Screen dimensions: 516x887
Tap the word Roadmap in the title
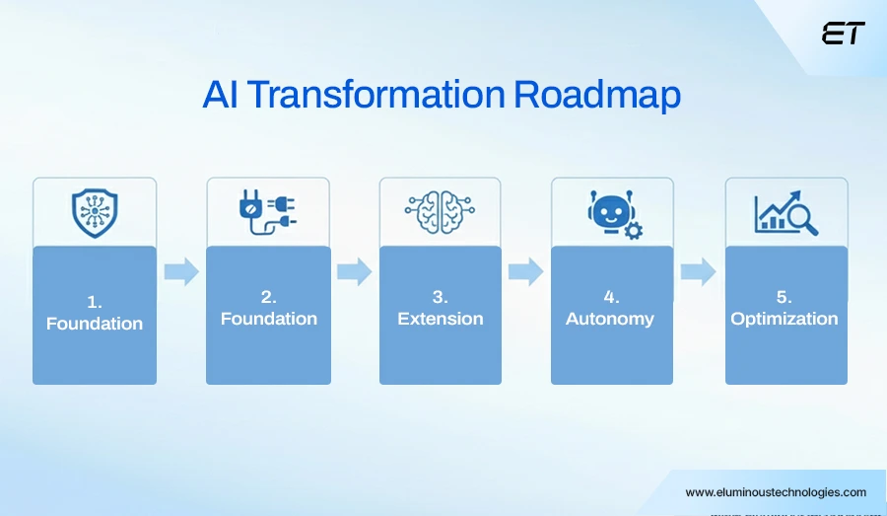tap(597, 96)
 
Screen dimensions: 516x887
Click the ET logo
tap(843, 34)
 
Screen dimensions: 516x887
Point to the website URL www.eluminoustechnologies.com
tap(776, 492)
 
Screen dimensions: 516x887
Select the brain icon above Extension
tap(441, 212)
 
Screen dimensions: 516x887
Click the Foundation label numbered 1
tap(95, 323)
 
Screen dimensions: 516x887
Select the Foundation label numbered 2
tap(268, 319)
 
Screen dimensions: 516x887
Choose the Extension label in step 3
tap(441, 319)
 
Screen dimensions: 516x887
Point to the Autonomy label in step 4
tap(610, 319)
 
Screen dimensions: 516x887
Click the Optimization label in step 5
tap(785, 319)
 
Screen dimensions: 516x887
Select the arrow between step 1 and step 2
tap(181, 271)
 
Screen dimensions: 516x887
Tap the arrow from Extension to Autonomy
tap(526, 271)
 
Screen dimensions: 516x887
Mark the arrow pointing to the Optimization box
tap(698, 271)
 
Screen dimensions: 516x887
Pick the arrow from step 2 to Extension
tap(354, 271)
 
